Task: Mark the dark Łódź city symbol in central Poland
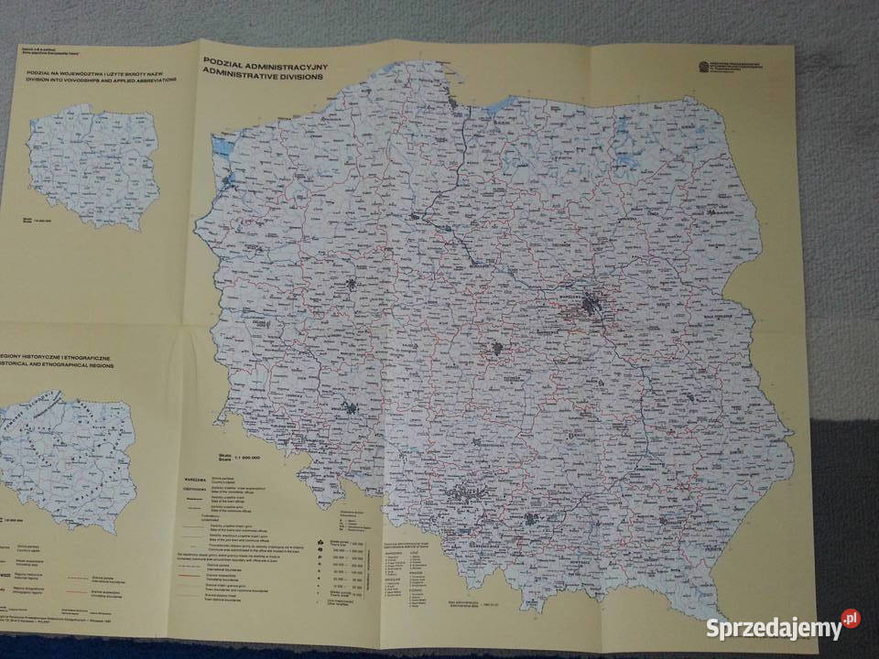tap(497, 348)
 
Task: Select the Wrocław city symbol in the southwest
tap(349, 409)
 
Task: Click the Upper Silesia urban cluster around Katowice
tap(458, 499)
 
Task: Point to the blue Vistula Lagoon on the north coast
tap(502, 106)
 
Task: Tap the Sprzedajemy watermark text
tap(773, 628)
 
